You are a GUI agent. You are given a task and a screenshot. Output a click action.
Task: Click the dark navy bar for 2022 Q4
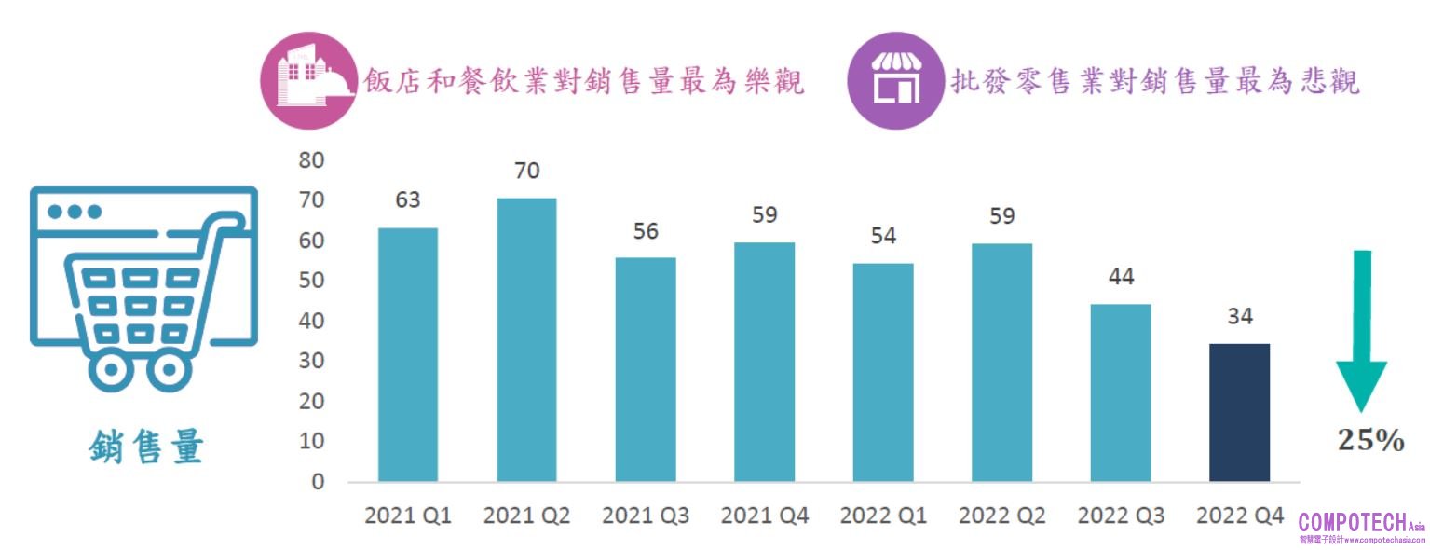tap(1239, 412)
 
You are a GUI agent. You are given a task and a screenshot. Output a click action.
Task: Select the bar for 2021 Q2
tap(526, 339)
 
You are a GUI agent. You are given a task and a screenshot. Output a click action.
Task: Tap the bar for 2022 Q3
tap(1121, 392)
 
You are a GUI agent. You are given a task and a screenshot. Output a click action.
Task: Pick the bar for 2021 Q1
tap(407, 354)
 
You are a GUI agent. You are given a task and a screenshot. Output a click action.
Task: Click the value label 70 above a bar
tap(526, 172)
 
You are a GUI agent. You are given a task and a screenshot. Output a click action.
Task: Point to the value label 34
tap(1239, 317)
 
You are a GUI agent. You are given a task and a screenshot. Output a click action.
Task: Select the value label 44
tap(1121, 277)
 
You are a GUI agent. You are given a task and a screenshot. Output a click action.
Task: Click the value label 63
tap(407, 200)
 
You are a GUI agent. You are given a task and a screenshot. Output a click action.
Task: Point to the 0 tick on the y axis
tap(318, 482)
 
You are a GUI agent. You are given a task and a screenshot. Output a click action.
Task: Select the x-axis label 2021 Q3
tap(646, 516)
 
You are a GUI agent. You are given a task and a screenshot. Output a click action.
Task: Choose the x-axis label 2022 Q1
tap(883, 516)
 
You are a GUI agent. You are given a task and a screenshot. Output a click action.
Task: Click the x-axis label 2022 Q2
tap(1002, 516)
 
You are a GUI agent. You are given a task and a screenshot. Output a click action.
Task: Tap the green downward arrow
tap(1361, 326)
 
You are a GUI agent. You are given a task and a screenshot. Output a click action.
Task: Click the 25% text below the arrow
tap(1370, 440)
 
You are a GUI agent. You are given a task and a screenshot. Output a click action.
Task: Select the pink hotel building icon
tap(308, 80)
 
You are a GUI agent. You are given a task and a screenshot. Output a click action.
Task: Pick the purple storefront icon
tap(894, 81)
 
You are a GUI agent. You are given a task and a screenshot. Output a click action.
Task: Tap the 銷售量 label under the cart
tap(146, 448)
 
